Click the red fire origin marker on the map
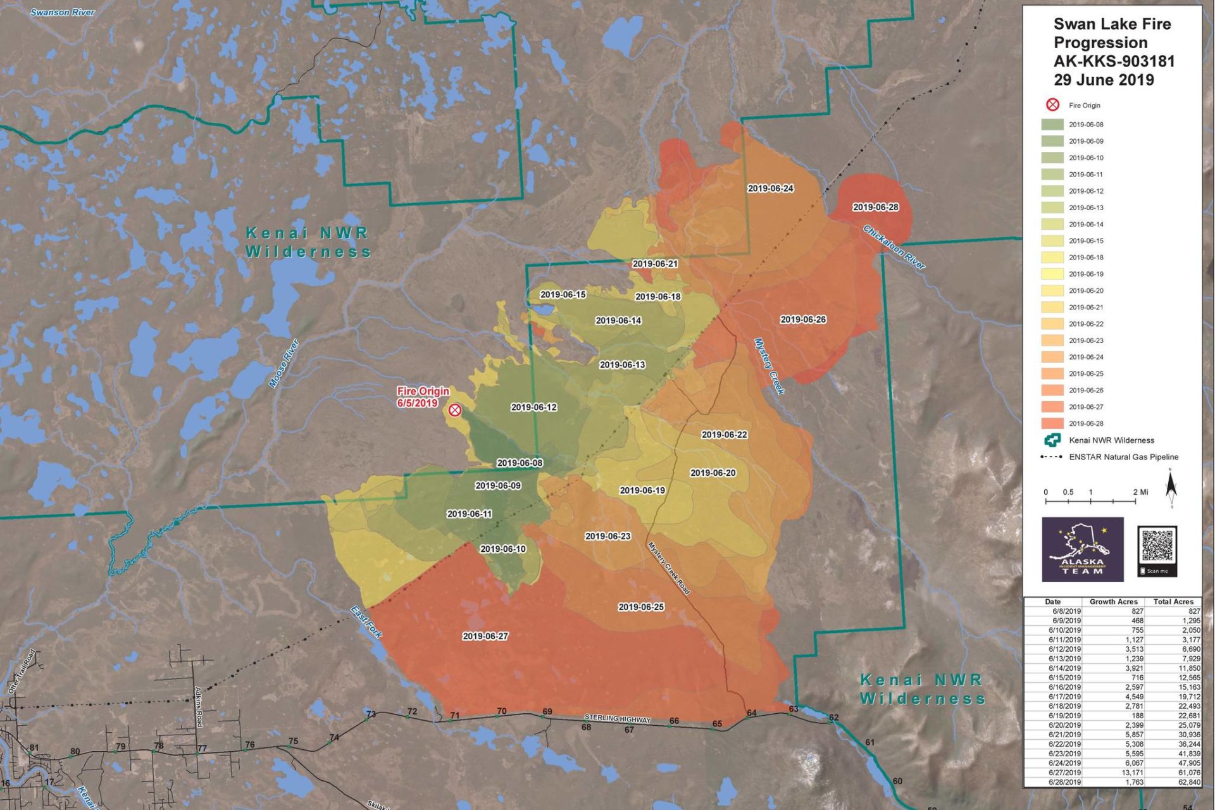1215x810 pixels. click(x=454, y=410)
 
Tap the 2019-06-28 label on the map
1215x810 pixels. click(x=875, y=207)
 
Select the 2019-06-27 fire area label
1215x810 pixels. click(x=485, y=636)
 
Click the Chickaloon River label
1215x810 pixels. click(x=894, y=247)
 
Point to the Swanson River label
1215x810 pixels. click(x=63, y=12)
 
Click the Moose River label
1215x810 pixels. click(x=283, y=364)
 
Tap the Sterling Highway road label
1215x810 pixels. click(x=617, y=719)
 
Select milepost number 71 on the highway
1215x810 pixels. click(x=454, y=716)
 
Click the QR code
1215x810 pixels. click(x=1157, y=545)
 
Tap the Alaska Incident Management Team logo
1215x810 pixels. click(x=1082, y=549)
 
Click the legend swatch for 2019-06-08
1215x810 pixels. click(x=1052, y=125)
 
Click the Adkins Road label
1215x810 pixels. click(x=198, y=707)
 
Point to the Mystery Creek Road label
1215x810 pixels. click(x=668, y=568)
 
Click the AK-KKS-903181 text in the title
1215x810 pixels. click(x=1114, y=61)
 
